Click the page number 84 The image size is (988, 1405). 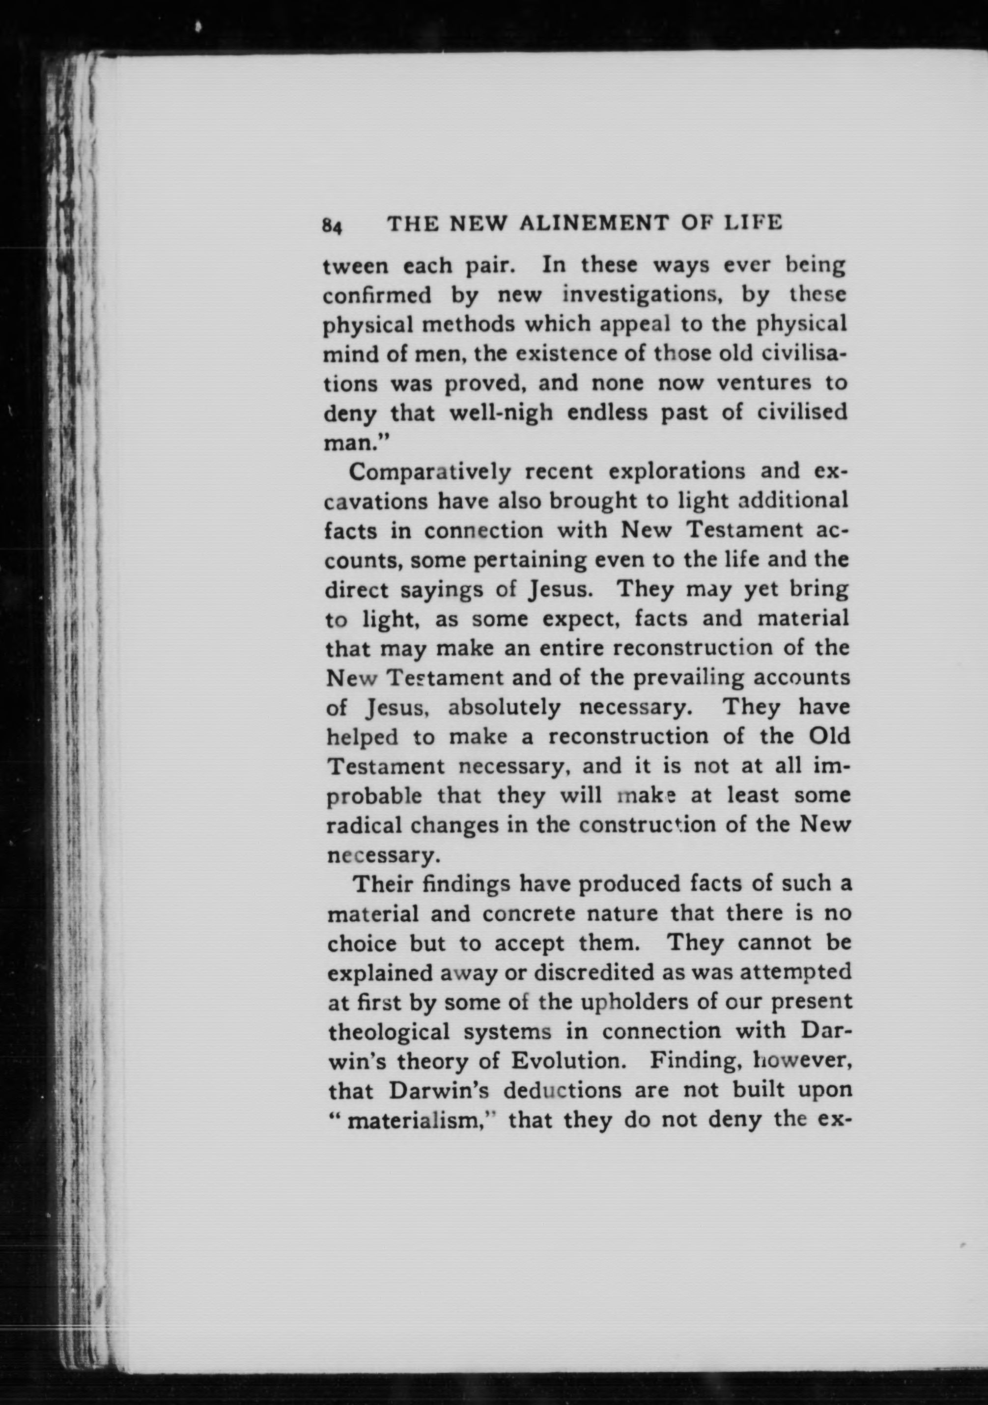pyautogui.click(x=331, y=225)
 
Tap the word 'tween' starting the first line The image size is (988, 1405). pyautogui.click(x=356, y=267)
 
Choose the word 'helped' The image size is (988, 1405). pyautogui.click(x=362, y=738)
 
